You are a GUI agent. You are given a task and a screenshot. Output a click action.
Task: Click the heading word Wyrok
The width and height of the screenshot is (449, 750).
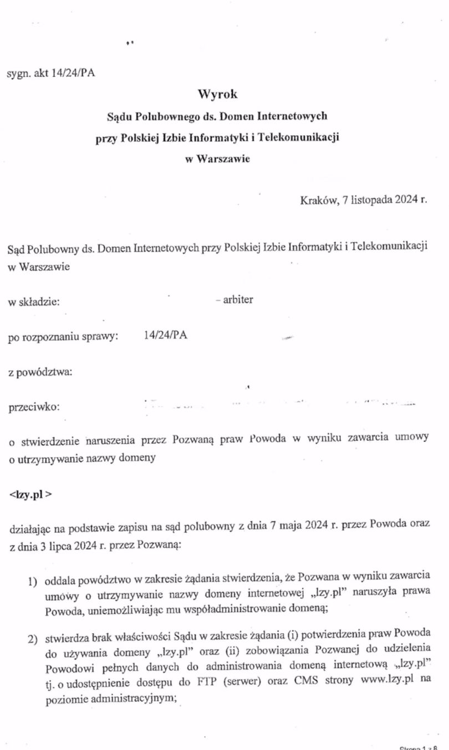217,94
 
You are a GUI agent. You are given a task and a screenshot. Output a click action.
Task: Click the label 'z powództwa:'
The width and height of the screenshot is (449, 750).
40,372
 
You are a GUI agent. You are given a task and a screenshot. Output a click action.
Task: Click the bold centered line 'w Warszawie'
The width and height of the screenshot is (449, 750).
217,159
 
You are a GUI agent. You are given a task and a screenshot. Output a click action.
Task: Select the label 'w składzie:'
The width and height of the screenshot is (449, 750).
34,301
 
